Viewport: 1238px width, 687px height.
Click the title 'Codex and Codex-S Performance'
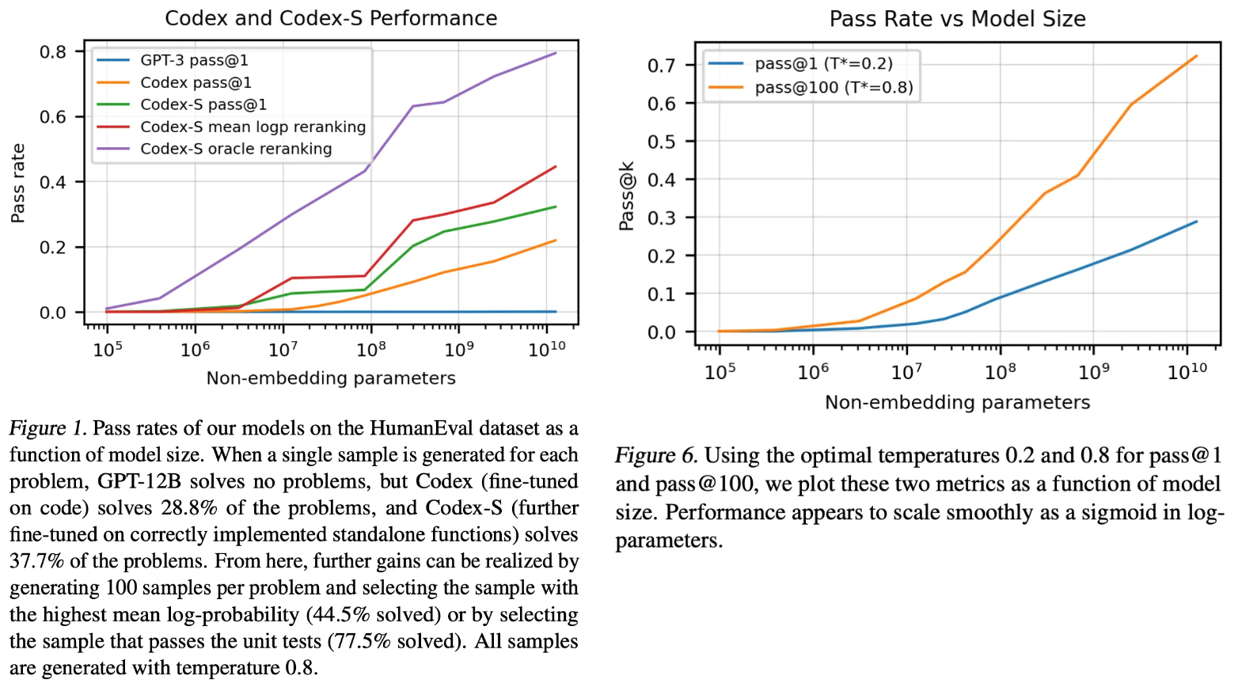(x=331, y=18)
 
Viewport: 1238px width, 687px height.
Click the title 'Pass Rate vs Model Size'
(x=957, y=19)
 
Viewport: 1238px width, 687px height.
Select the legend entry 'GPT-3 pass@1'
(x=194, y=60)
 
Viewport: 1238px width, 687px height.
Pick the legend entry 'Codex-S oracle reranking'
(x=236, y=149)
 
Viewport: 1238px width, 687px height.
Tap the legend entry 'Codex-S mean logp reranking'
(x=253, y=127)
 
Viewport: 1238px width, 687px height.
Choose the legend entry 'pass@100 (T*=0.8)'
(x=834, y=87)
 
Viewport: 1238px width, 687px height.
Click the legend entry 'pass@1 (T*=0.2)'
(x=823, y=64)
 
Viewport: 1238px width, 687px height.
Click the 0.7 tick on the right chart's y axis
(x=661, y=66)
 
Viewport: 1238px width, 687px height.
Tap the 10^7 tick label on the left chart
(x=283, y=349)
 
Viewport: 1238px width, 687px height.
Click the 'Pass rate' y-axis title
(x=17, y=183)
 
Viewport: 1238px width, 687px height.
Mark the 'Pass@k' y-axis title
(x=626, y=196)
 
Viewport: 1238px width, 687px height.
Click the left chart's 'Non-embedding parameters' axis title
(x=331, y=378)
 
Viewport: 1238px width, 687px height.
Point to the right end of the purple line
(x=556, y=53)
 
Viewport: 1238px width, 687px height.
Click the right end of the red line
(x=556, y=167)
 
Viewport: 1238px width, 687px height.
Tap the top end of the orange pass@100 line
(x=1196, y=56)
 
